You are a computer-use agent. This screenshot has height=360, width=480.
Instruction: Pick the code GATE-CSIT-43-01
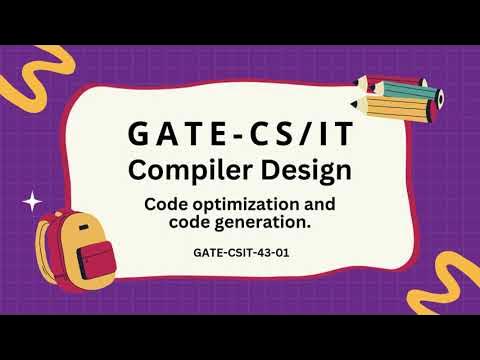pos(239,252)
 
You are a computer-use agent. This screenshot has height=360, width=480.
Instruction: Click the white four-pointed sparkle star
pos(33,200)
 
